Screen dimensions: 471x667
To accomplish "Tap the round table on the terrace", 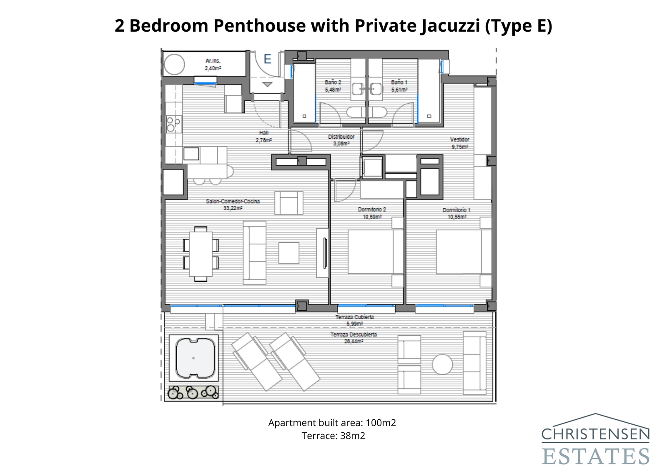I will coord(442,364).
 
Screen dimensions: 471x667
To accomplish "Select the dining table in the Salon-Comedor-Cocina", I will coord(201,254).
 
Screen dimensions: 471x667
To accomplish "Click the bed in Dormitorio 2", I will coord(370,252).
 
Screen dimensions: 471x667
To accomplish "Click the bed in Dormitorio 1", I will coord(459,252).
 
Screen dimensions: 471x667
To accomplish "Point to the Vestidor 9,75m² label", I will coord(460,143).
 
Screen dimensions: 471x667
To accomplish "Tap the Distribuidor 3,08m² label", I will coord(341,140).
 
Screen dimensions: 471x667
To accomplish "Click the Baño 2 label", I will coord(333,82).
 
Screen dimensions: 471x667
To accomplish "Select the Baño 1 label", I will coord(399,82).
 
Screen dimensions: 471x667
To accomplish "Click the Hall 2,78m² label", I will coord(263,136).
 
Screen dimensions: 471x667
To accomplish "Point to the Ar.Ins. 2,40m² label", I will coord(213,64).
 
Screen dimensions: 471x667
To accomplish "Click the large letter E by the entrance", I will coord(268,59).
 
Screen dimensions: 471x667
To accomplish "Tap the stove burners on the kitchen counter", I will coord(173,124).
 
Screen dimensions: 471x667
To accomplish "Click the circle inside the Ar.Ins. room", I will coord(174,65).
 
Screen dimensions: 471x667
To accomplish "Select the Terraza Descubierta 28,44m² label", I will coord(354,338).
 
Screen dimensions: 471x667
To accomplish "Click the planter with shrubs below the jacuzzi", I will coord(193,392).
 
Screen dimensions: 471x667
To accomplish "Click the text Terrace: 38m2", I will coord(333,436).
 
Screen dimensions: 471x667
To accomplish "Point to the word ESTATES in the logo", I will coord(595,456).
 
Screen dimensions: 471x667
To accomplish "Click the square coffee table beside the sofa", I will coord(288,253).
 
